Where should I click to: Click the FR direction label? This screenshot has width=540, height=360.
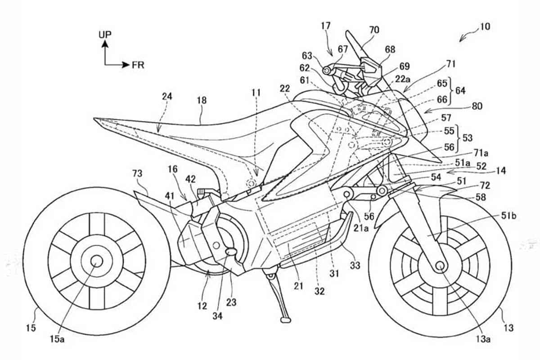pos(138,65)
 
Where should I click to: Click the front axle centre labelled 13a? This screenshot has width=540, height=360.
pos(440,265)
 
